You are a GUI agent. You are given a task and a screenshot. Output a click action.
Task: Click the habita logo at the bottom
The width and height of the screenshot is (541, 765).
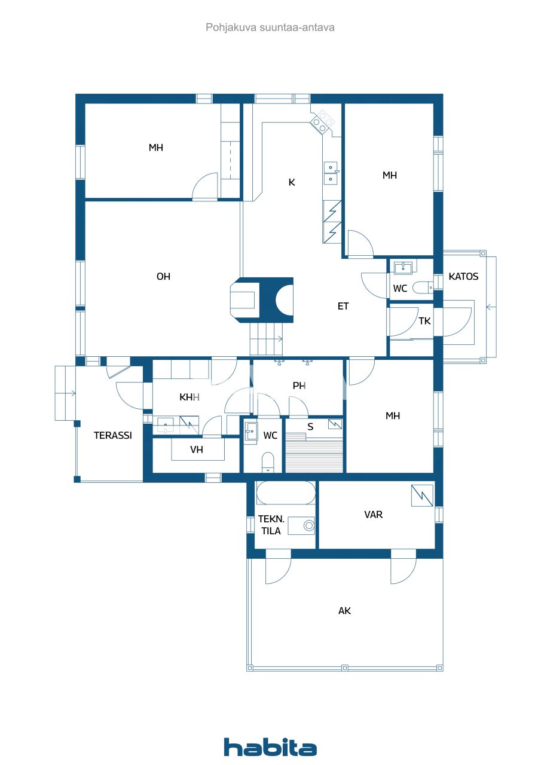click(x=270, y=748)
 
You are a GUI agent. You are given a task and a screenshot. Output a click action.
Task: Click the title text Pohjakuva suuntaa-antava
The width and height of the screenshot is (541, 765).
click(x=270, y=27)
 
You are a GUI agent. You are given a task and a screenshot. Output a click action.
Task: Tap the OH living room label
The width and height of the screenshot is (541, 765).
click(x=163, y=276)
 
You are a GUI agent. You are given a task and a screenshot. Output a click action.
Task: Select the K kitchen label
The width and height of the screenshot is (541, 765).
click(x=292, y=182)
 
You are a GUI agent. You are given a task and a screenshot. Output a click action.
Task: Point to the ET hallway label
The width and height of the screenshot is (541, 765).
click(x=343, y=306)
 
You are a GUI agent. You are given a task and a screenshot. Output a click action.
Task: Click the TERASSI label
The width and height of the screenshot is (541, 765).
click(x=112, y=435)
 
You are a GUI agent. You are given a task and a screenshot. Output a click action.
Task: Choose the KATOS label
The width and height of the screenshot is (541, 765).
click(x=463, y=277)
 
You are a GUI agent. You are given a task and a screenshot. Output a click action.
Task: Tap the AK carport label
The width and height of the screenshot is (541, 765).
click(x=344, y=611)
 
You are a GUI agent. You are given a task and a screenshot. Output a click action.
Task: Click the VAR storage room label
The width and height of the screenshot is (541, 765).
click(x=374, y=515)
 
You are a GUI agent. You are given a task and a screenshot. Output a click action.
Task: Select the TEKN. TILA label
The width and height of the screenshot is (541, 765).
click(x=270, y=525)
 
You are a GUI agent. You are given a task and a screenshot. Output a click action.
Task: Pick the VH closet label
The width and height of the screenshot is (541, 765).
click(x=196, y=450)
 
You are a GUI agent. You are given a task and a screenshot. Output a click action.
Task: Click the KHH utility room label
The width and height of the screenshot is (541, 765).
click(x=189, y=397)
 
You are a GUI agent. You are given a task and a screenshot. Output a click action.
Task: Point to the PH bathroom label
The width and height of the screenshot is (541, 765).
click(x=299, y=385)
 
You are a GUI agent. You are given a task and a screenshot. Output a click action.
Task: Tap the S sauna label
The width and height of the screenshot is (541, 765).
click(x=310, y=427)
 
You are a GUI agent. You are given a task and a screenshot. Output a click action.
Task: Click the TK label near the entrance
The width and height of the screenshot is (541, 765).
click(x=424, y=321)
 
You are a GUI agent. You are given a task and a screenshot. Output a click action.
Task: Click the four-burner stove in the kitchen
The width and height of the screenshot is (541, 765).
click(x=323, y=121)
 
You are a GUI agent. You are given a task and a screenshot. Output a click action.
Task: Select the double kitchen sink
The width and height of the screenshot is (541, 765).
click(x=331, y=173)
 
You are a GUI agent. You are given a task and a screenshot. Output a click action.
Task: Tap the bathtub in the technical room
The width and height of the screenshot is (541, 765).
click(x=285, y=494)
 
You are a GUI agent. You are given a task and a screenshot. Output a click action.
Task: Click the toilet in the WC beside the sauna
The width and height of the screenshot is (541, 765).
click(x=268, y=462)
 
